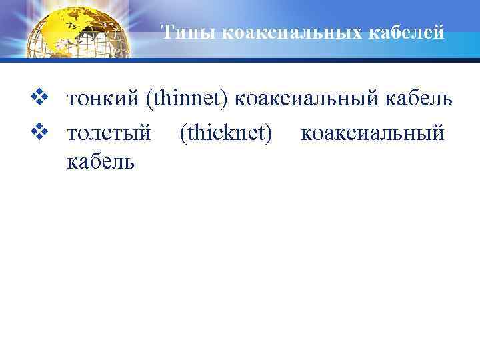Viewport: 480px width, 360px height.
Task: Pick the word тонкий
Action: click(x=103, y=101)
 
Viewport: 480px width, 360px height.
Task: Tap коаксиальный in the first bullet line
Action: click(x=311, y=101)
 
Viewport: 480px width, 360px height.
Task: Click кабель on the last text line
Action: click(x=100, y=160)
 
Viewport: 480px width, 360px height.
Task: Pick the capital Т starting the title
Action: click(x=168, y=33)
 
